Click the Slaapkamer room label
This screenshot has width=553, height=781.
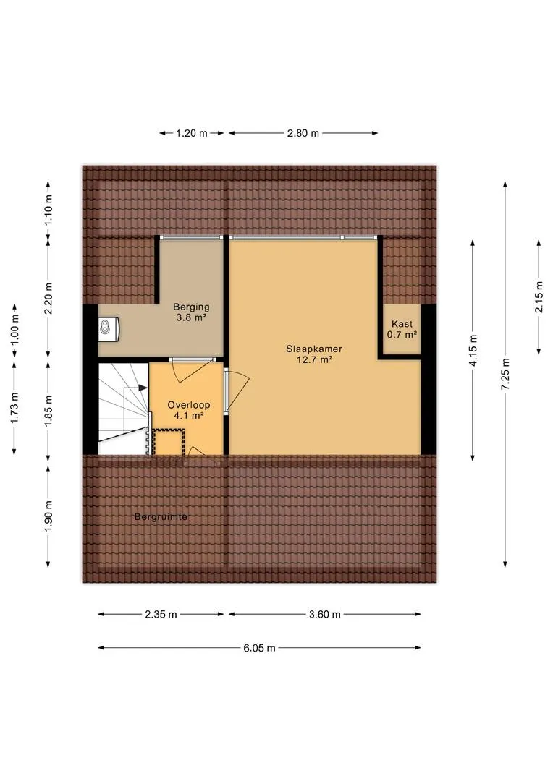[x=314, y=349]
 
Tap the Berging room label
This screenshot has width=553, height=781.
[x=191, y=307]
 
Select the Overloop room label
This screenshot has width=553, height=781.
[x=188, y=405]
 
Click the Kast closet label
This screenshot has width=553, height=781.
[x=402, y=324]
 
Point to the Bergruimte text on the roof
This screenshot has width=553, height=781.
[x=161, y=517]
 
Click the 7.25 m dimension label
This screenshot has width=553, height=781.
[x=505, y=374]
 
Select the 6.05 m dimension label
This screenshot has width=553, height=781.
[x=259, y=648]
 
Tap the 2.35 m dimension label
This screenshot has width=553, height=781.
[x=161, y=614]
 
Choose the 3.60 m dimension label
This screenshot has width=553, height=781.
[x=324, y=614]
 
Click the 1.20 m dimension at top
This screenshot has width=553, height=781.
[x=192, y=133]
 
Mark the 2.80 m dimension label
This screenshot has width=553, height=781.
[x=303, y=133]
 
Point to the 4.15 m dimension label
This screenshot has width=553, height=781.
[x=473, y=350]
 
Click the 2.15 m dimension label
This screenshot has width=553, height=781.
[x=539, y=297]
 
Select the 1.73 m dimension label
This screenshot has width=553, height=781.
[x=14, y=408]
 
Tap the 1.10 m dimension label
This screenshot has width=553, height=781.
[x=48, y=209]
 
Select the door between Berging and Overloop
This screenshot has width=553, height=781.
[x=192, y=370]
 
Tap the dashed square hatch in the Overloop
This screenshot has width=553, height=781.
[x=169, y=442]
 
